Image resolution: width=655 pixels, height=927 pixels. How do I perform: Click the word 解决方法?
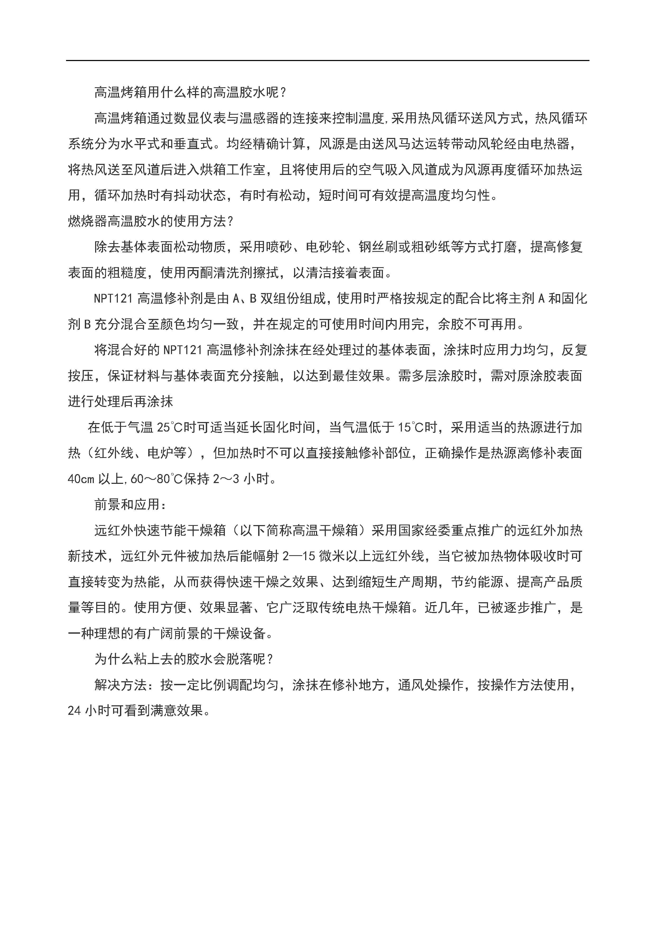point(120,685)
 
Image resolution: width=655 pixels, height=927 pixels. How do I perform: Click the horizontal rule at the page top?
point(327,61)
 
